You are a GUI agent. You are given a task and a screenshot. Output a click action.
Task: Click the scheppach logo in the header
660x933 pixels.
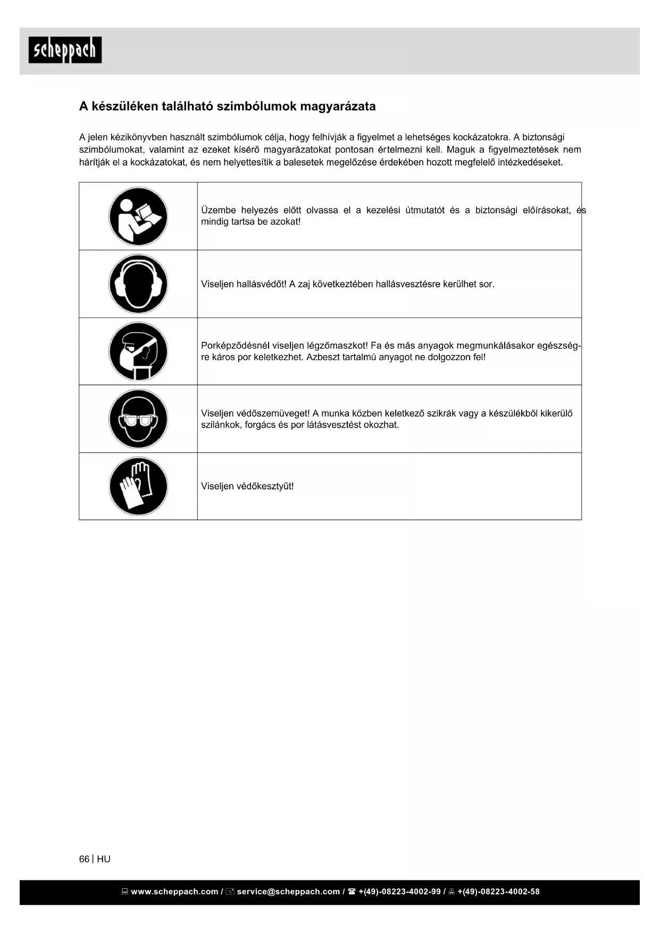click(x=65, y=50)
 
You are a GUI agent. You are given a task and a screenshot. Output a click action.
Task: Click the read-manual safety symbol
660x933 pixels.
click(x=138, y=216)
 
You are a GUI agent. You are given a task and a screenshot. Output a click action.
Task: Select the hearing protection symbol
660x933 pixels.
click(x=138, y=284)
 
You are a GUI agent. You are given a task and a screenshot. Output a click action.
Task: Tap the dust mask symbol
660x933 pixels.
click(x=138, y=352)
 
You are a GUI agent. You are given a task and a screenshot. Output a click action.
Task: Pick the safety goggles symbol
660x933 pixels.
click(x=138, y=419)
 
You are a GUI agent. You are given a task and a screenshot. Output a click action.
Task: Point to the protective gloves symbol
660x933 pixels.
click(x=138, y=486)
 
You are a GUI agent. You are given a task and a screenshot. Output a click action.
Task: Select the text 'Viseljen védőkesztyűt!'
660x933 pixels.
click(x=247, y=486)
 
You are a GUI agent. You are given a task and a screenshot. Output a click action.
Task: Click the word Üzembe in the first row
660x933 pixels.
click(x=218, y=210)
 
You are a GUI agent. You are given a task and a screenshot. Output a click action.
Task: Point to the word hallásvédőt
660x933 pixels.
click(x=261, y=284)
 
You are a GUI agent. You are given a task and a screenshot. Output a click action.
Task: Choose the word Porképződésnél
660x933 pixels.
click(x=235, y=346)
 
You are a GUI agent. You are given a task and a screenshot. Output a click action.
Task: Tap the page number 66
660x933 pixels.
click(x=84, y=859)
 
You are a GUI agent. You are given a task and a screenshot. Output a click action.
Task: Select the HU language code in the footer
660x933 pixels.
click(x=104, y=859)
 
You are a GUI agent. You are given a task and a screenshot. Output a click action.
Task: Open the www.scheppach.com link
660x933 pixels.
click(x=174, y=892)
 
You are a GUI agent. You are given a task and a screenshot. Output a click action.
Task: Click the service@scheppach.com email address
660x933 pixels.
click(x=288, y=892)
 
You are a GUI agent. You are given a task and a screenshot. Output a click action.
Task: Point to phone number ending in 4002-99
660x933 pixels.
click(x=399, y=892)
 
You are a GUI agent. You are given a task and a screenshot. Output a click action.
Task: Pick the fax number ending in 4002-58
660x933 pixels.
click(x=498, y=892)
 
